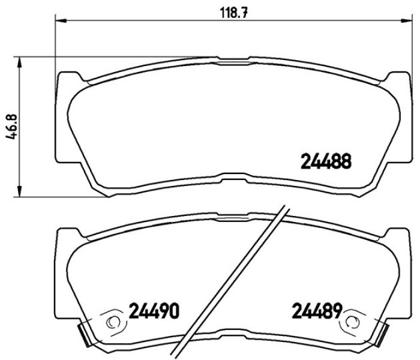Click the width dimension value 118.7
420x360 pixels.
(233, 13)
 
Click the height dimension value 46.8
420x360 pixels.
(12, 127)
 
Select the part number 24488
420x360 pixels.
(326, 161)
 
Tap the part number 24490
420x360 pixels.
(154, 311)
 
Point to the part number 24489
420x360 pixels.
(317, 310)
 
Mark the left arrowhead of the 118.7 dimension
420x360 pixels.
(61, 20)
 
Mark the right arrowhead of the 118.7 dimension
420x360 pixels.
(406, 20)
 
